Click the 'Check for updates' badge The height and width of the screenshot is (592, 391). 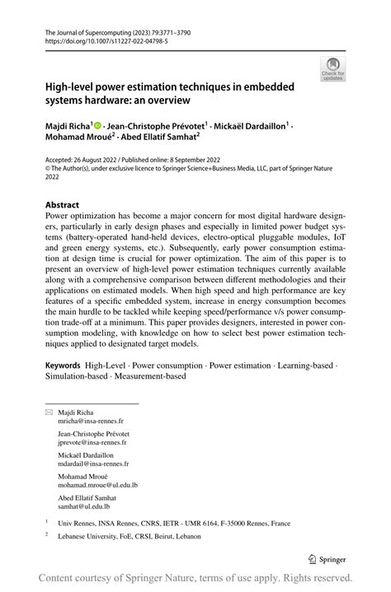click(334, 69)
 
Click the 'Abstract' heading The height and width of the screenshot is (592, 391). click(63, 205)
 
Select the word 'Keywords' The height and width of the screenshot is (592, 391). click(63, 364)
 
